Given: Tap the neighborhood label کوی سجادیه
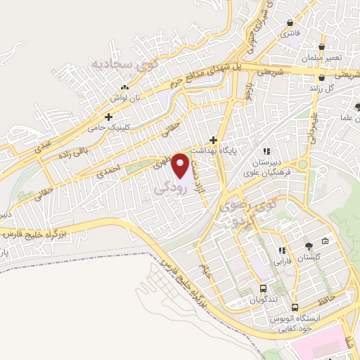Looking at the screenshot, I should tap(119, 65).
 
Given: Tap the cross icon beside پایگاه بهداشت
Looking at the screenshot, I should tap(213, 140).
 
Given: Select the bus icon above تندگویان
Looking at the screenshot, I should tap(264, 288).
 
